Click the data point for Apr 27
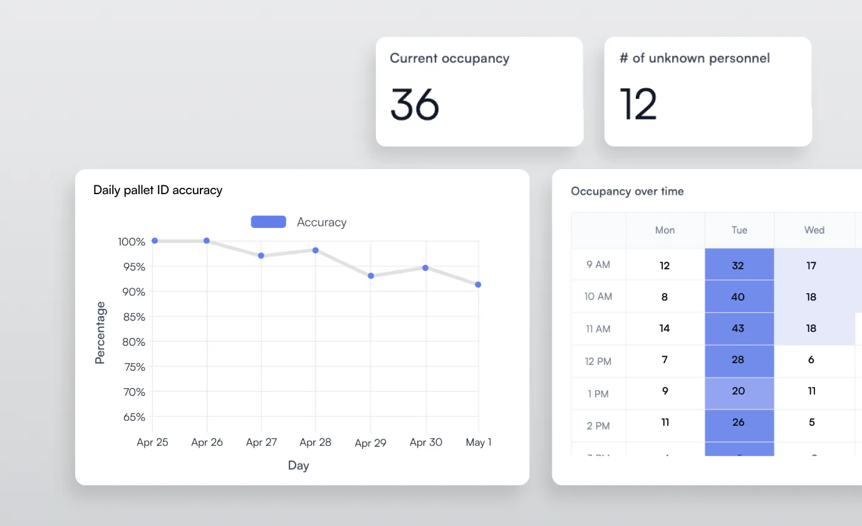261,255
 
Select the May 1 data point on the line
478,284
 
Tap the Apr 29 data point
371,276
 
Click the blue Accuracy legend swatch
268,222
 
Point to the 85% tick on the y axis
132,317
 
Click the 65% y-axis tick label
132,417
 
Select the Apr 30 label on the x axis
426,442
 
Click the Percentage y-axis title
100,333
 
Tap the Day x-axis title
299,465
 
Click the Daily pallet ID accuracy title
158,190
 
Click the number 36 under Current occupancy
415,104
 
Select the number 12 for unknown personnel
638,104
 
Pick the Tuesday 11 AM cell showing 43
739,328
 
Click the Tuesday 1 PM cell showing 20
739,391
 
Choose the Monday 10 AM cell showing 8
665,297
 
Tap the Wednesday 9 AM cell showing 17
812,266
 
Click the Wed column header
814,230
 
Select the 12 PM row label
598,361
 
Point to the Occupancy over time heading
627,192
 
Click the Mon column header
665,230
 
